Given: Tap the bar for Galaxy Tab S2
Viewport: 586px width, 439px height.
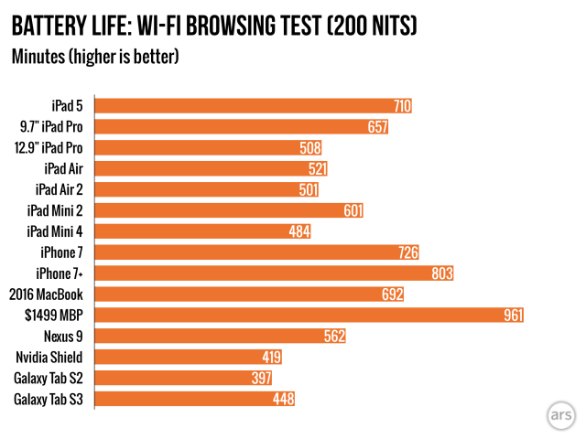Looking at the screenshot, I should [x=174, y=378].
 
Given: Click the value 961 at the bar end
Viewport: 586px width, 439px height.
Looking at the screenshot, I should [x=513, y=316].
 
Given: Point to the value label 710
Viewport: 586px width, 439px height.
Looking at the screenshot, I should [x=401, y=106].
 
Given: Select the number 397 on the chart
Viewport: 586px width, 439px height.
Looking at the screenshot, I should [x=261, y=378].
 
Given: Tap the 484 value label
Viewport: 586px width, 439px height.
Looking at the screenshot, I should [x=300, y=231].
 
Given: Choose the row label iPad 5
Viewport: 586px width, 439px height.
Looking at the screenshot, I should [x=70, y=106].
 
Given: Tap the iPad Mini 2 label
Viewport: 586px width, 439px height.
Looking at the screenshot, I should [x=57, y=210].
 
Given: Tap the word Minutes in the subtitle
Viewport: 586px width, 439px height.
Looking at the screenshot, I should [x=39, y=57].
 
